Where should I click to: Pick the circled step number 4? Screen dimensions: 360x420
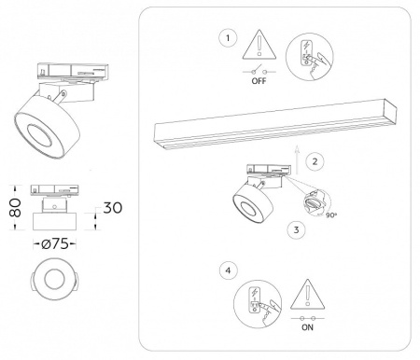coord(225,272)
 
